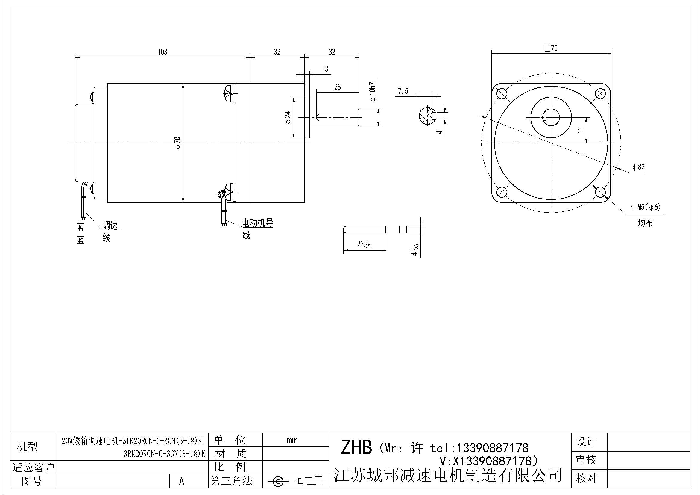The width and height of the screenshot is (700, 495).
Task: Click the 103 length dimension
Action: coord(162,52)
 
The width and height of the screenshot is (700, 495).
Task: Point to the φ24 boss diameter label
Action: coord(288,117)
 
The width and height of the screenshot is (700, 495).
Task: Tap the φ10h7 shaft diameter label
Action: coord(373,92)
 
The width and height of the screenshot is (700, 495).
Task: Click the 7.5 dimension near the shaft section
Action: coord(403,91)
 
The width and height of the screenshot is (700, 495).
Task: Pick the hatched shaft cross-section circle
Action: coord(427,116)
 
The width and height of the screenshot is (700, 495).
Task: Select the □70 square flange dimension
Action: coord(551,48)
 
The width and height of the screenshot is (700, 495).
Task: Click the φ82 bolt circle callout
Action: coord(638,167)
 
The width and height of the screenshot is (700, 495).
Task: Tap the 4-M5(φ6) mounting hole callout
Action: coord(645,207)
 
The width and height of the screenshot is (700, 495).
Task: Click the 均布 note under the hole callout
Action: coord(645,223)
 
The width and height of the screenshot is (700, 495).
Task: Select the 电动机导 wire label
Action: coord(257,223)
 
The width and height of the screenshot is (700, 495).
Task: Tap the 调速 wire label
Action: coord(110,225)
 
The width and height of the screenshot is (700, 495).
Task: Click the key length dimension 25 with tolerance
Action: coord(365,244)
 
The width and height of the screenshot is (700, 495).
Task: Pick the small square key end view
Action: coord(403,229)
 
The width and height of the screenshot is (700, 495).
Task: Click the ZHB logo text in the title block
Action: coord(356,448)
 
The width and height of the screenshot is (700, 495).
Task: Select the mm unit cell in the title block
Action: coord(292,440)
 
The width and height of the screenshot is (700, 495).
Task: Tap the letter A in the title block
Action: coord(182,481)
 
